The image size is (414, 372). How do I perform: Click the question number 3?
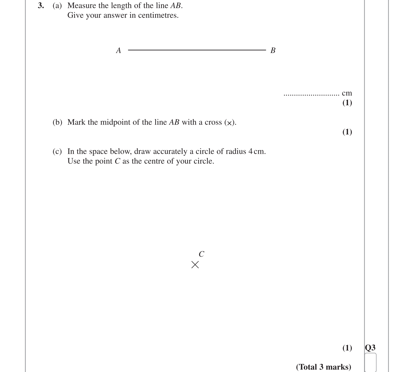[x=41, y=6]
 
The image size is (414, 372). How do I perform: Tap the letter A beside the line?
[x=119, y=50]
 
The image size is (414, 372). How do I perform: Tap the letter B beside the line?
[x=273, y=50]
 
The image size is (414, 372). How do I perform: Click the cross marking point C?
[x=195, y=265]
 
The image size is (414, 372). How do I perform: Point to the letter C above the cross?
[x=201, y=254]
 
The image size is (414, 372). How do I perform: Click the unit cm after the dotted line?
[x=347, y=93]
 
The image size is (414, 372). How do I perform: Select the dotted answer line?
[x=312, y=95]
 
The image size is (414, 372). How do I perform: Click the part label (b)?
[x=57, y=122]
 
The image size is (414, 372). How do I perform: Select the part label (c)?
[x=57, y=151]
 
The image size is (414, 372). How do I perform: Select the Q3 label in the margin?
[x=370, y=347]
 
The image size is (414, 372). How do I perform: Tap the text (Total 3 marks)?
[x=323, y=367]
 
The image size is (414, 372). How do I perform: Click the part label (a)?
[x=57, y=6]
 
